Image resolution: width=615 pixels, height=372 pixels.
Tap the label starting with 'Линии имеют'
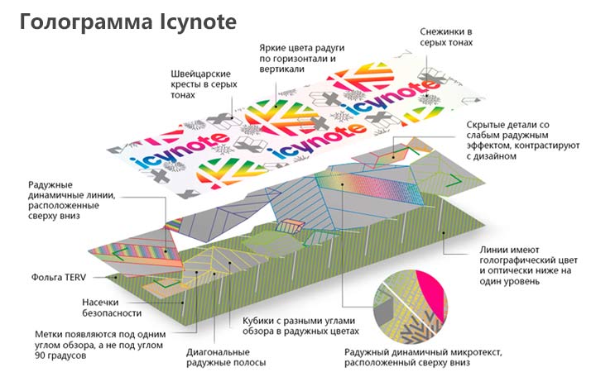[x=526, y=263]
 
